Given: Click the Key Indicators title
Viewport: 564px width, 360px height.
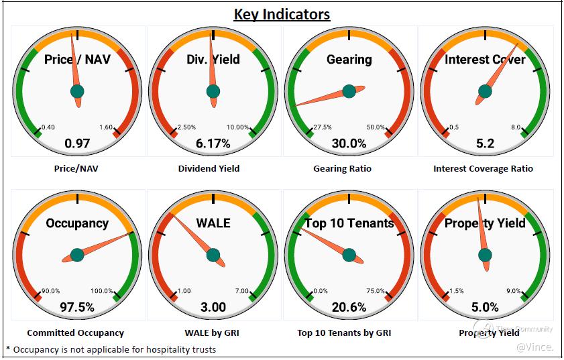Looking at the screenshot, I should pos(282,14).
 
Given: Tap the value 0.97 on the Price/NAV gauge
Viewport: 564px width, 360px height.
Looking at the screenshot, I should pos(77,143).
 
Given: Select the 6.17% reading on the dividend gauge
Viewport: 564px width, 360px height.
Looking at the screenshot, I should pos(213,143).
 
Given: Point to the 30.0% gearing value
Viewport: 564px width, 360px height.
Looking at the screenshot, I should pos(349,143).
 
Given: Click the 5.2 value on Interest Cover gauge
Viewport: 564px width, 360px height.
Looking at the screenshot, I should pos(484,143).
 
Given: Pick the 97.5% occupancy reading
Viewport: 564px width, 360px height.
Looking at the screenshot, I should pos(77,308).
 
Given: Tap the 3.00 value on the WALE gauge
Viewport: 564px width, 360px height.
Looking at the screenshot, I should pos(213,308).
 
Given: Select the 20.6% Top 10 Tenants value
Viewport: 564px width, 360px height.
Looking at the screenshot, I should pos(349,308).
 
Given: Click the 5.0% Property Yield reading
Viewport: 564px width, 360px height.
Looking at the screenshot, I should pos(484,308).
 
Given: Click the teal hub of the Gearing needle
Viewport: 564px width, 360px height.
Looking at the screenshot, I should pos(349,91).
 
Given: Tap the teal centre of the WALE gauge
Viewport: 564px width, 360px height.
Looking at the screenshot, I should pos(213,255).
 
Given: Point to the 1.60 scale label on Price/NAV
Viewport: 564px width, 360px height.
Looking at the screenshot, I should pos(106,127).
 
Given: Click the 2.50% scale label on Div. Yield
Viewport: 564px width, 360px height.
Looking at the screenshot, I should pos(186,127).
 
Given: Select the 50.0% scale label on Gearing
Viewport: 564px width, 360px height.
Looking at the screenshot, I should pos(376,127).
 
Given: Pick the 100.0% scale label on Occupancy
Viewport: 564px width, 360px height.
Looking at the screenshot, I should pos(102,291).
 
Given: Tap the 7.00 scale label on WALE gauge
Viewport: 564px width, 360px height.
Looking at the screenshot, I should pos(241,291).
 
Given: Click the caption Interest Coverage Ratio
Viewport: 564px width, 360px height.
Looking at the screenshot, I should pos(483,169).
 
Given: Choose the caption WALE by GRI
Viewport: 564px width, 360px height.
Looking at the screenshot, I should pos(213,333).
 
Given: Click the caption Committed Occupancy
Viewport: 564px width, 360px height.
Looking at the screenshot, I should pos(75,333).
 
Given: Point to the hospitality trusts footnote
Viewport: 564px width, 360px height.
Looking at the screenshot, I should pos(111,349).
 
